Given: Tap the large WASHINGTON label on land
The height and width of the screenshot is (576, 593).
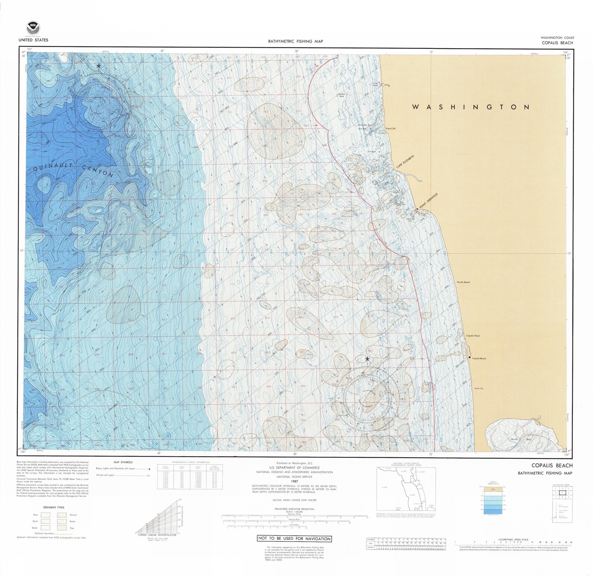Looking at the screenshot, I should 471,107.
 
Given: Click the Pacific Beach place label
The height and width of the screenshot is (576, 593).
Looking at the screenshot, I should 463,283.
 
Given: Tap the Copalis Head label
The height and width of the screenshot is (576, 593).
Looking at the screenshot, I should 473,336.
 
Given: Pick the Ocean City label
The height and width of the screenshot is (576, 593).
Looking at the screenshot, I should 479,389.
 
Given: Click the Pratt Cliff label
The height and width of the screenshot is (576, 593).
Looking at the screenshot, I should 391,128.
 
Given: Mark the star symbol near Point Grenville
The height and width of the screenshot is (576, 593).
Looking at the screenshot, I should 417,209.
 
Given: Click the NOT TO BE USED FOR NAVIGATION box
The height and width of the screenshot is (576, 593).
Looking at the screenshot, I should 294,539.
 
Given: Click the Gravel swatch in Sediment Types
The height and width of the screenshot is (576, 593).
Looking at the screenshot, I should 62,515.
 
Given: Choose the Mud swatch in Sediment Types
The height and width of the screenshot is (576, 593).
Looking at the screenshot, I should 46,515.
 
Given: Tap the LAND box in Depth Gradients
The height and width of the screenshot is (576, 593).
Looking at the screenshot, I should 492,489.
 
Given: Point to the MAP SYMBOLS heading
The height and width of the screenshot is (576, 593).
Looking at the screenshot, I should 123,462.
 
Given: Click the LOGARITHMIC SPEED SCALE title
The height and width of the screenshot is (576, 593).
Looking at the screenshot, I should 514,540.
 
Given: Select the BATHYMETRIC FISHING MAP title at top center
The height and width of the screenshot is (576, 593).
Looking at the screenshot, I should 295,41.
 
